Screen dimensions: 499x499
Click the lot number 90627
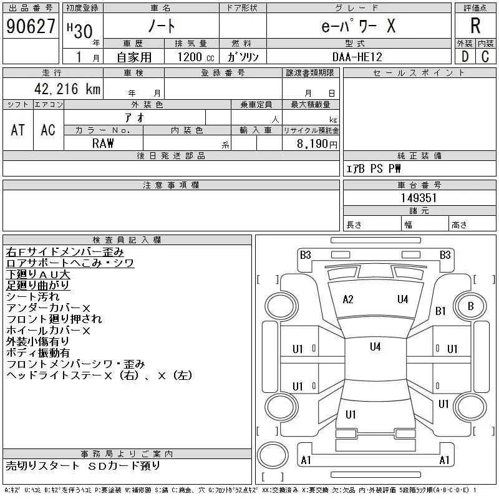point(31,26)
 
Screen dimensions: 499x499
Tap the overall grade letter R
point(475,26)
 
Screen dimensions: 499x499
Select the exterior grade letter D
point(465,57)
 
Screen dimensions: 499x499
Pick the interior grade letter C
point(485,57)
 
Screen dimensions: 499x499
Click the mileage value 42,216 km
point(67,89)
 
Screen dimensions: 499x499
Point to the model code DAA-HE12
point(357,57)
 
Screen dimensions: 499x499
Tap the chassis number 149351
point(419,198)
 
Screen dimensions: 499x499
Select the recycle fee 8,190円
point(317,144)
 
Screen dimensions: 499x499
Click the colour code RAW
point(103,143)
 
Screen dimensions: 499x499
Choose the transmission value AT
point(18,130)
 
